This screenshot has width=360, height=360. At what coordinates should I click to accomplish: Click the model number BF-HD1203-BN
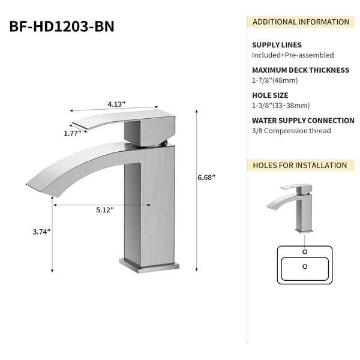click(x=62, y=26)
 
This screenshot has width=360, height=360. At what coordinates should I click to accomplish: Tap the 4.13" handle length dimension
click(x=116, y=104)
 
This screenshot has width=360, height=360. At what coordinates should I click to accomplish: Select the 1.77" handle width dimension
click(x=73, y=133)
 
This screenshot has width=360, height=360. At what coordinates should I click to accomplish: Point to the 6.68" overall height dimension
click(x=206, y=178)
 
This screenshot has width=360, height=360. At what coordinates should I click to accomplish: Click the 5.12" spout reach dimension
click(x=105, y=210)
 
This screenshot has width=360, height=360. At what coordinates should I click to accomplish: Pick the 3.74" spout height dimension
click(x=41, y=232)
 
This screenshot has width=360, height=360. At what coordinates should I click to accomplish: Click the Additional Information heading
click(x=301, y=22)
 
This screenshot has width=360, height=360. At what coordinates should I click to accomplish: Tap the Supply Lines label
click(x=277, y=45)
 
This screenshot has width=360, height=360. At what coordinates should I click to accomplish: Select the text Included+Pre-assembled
click(x=293, y=55)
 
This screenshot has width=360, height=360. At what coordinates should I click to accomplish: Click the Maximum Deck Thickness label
click(x=301, y=70)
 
